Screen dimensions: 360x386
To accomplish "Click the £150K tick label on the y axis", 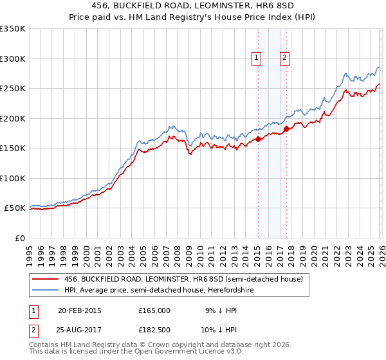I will [13, 148].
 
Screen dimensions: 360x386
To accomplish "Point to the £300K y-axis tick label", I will [13, 59].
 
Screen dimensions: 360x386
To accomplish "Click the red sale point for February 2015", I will [258, 139].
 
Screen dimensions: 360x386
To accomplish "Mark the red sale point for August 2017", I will [286, 129].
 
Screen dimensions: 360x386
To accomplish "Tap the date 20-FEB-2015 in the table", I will [79, 310].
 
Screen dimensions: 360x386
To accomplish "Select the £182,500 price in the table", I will [154, 330].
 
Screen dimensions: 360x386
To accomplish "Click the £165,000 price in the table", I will [154, 310].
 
